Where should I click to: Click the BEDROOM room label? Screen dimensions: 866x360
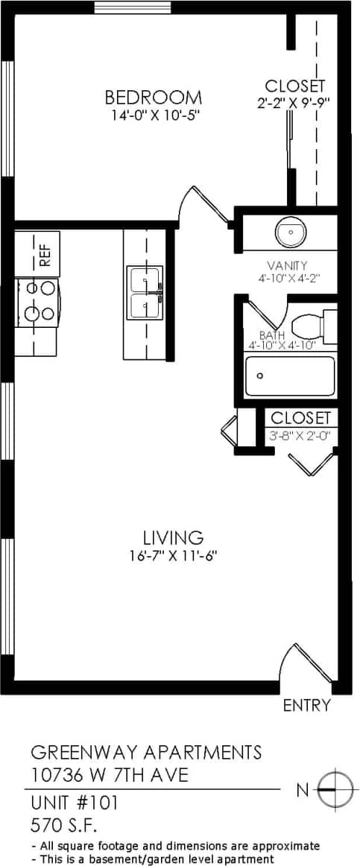point(153,97)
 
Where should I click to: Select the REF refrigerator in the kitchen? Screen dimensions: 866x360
point(45,254)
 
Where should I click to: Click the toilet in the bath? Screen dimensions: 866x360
point(313,326)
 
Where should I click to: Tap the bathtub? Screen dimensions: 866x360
point(291,376)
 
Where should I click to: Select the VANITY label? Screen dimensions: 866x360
point(288,265)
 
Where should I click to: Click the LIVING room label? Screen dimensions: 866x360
point(173,537)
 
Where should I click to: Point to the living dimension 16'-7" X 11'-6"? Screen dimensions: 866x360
point(173,555)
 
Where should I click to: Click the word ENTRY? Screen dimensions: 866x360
point(306,705)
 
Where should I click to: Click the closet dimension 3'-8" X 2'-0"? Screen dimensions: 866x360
point(300,435)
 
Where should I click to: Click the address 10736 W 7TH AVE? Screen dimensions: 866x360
point(110,775)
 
